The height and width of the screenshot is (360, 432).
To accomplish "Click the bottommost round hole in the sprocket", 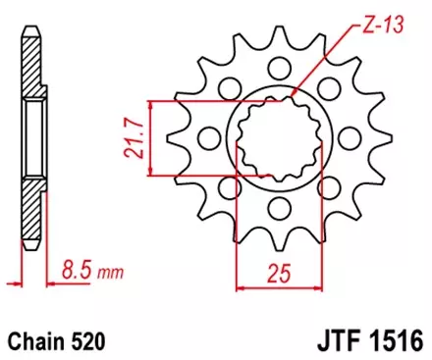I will pos(281,207).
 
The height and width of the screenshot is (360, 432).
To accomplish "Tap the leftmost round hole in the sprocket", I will pos(210,138).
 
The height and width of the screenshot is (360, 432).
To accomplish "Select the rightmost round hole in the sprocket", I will pos(353,138).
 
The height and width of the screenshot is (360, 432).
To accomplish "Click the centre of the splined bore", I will pos(282,138).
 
